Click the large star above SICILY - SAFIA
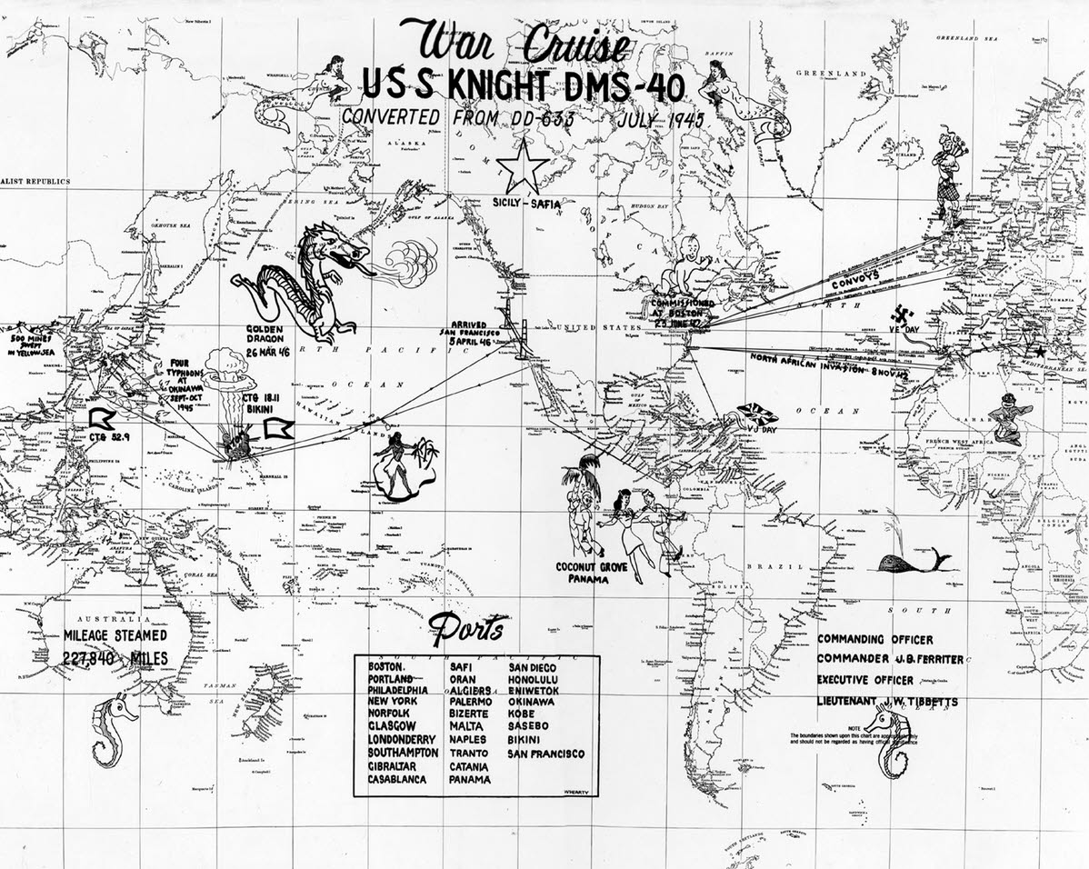click(x=523, y=168)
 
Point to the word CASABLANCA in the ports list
click(x=404, y=780)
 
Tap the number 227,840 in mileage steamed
click(x=90, y=660)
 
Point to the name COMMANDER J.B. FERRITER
click(x=890, y=659)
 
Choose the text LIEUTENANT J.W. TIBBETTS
click(x=886, y=702)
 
